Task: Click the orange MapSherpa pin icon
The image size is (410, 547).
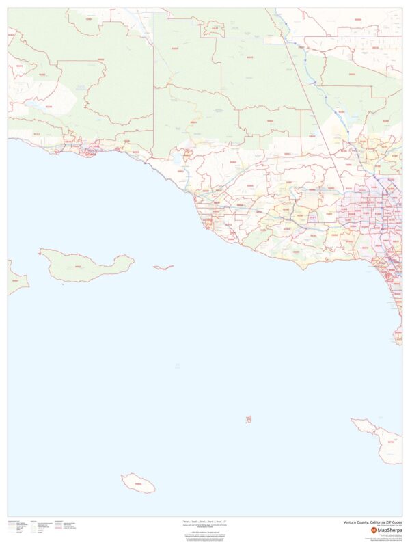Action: tap(374, 530)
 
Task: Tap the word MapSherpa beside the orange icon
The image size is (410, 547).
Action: tap(389, 530)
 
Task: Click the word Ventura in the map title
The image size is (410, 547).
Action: tap(352, 522)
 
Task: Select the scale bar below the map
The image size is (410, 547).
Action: tap(205, 522)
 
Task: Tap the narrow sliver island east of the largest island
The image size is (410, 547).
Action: tap(163, 267)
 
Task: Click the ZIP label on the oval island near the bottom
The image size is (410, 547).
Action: tap(139, 484)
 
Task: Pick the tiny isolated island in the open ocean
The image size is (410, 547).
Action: tap(249, 418)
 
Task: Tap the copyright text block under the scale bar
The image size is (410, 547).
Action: tap(205, 536)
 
